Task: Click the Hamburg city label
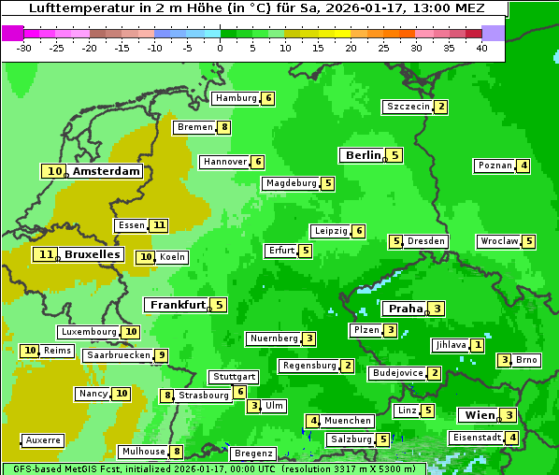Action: click(235, 98)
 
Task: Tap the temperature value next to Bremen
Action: click(224, 127)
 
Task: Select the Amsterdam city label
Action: click(107, 171)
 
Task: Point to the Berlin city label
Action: click(363, 155)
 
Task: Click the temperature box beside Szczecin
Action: click(441, 107)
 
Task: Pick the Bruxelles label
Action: click(92, 254)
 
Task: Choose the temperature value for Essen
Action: click(160, 225)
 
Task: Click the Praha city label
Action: click(406, 309)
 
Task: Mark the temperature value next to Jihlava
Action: click(478, 345)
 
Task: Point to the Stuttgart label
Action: click(234, 377)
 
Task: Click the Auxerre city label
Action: click(44, 439)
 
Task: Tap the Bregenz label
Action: click(253, 453)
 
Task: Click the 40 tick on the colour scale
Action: click(481, 48)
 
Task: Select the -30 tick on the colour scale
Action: click(25, 48)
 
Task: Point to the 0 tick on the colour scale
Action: click(221, 48)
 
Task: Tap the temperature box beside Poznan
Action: click(524, 166)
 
